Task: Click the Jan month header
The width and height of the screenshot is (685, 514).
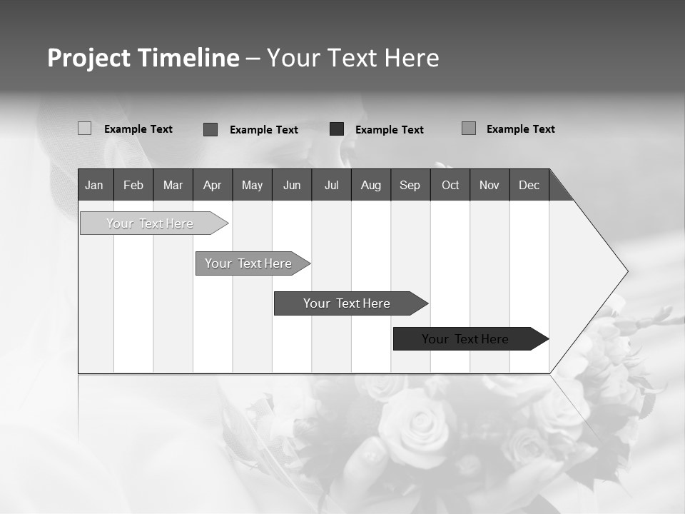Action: (x=94, y=185)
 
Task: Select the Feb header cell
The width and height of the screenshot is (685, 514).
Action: (x=133, y=185)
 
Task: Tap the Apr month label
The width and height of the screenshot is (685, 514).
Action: (x=212, y=185)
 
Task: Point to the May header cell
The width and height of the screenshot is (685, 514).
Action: (x=252, y=185)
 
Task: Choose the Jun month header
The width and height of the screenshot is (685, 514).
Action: (x=292, y=185)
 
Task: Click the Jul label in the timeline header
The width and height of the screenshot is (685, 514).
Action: (x=331, y=185)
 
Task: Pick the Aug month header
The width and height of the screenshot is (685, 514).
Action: (x=370, y=185)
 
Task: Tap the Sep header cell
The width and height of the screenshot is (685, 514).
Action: (x=410, y=185)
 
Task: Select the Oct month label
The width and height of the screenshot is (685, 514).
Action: (x=450, y=185)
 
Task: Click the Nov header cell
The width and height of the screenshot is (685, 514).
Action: (x=489, y=185)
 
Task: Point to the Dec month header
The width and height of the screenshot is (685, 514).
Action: (x=529, y=185)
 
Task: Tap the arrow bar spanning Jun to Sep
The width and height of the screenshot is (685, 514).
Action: (x=347, y=303)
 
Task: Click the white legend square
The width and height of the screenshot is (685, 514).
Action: (x=84, y=128)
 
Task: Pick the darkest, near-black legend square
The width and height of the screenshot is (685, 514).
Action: (x=337, y=129)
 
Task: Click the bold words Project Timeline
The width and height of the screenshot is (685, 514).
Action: (x=143, y=58)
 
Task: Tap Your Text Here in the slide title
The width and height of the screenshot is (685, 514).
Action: (x=353, y=58)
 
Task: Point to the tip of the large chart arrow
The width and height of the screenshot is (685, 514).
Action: (x=626, y=271)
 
